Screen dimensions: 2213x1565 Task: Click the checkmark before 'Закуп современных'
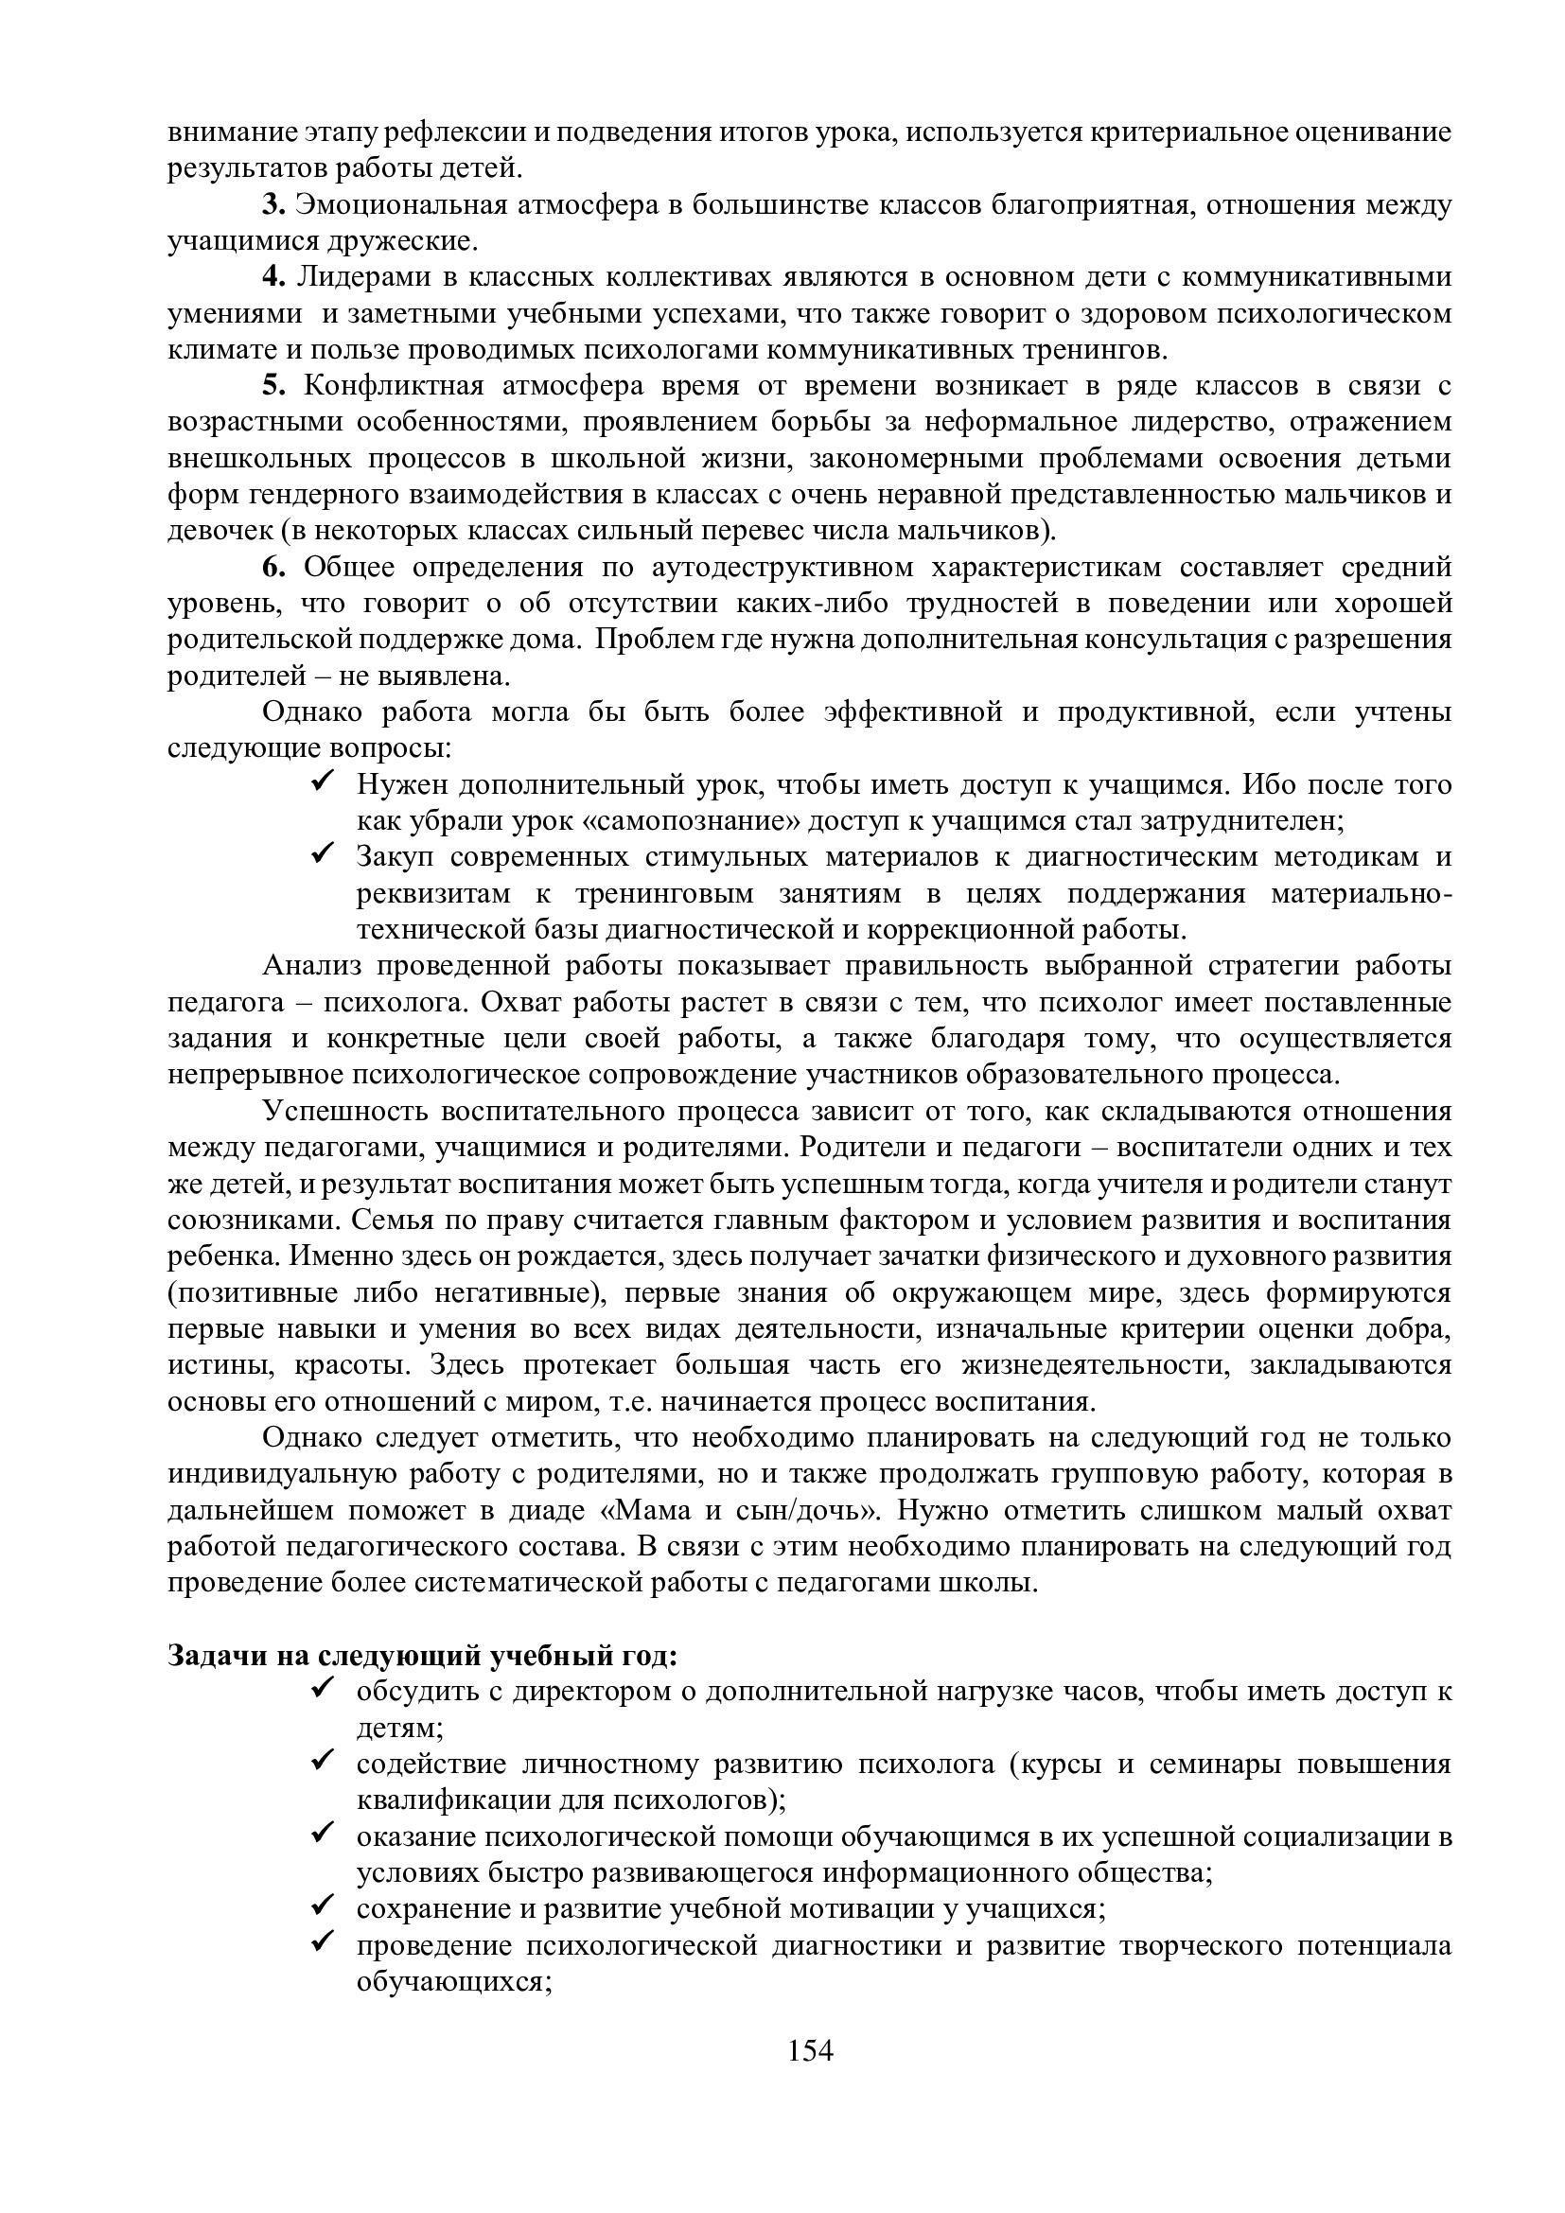pos(323,855)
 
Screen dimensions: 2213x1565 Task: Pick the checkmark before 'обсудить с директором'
pos(323,1690)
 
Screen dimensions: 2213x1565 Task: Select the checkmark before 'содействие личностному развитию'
pos(323,1762)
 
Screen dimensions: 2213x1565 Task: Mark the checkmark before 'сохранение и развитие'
pos(323,1907)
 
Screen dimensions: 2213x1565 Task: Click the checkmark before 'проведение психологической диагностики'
pos(323,1943)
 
